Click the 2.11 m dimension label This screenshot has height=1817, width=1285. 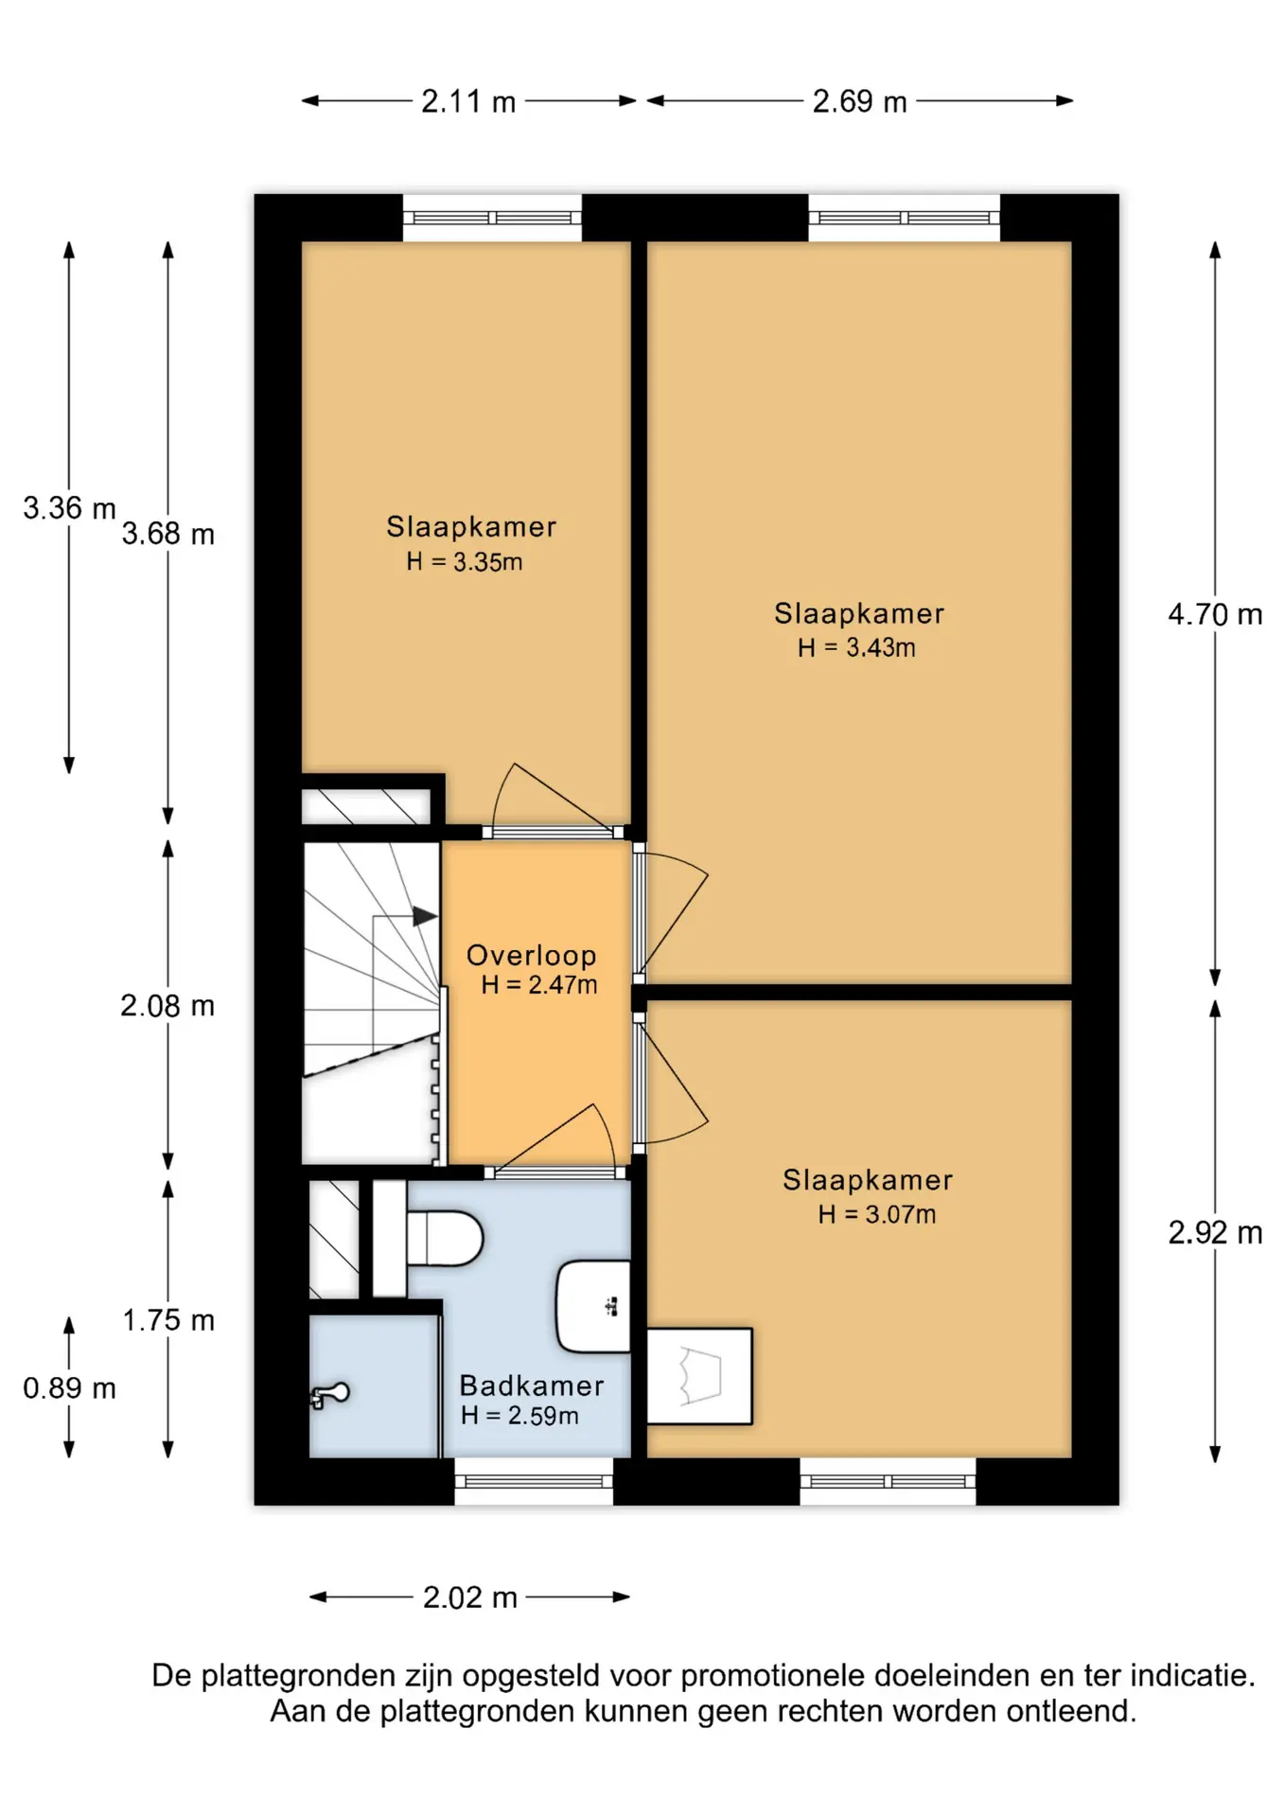pyautogui.click(x=468, y=101)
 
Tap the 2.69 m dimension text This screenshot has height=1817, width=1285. pyautogui.click(x=859, y=101)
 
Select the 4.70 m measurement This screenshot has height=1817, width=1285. pyautogui.click(x=1215, y=614)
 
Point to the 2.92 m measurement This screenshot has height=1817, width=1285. pyautogui.click(x=1215, y=1232)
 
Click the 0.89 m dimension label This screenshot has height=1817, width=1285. pyautogui.click(x=69, y=1388)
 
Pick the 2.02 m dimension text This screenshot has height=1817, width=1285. pyautogui.click(x=470, y=1597)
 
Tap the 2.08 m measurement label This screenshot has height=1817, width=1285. pyautogui.click(x=167, y=1005)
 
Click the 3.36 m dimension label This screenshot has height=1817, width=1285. pyautogui.click(x=69, y=508)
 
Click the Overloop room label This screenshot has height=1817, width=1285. pyautogui.click(x=532, y=955)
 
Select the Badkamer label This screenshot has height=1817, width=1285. pyautogui.click(x=532, y=1385)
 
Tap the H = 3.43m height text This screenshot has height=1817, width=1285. pyautogui.click(x=856, y=647)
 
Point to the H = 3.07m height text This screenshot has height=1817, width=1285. pyautogui.click(x=877, y=1214)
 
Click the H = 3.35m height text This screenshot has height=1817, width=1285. pyautogui.click(x=465, y=561)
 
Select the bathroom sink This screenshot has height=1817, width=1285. pyautogui.click(x=593, y=1306)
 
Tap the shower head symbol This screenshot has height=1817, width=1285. pyautogui.click(x=330, y=1394)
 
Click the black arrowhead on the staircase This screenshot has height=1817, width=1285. pyautogui.click(x=425, y=916)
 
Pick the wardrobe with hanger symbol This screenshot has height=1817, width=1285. pyautogui.click(x=699, y=1376)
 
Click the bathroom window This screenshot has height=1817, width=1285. pyautogui.click(x=534, y=1481)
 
